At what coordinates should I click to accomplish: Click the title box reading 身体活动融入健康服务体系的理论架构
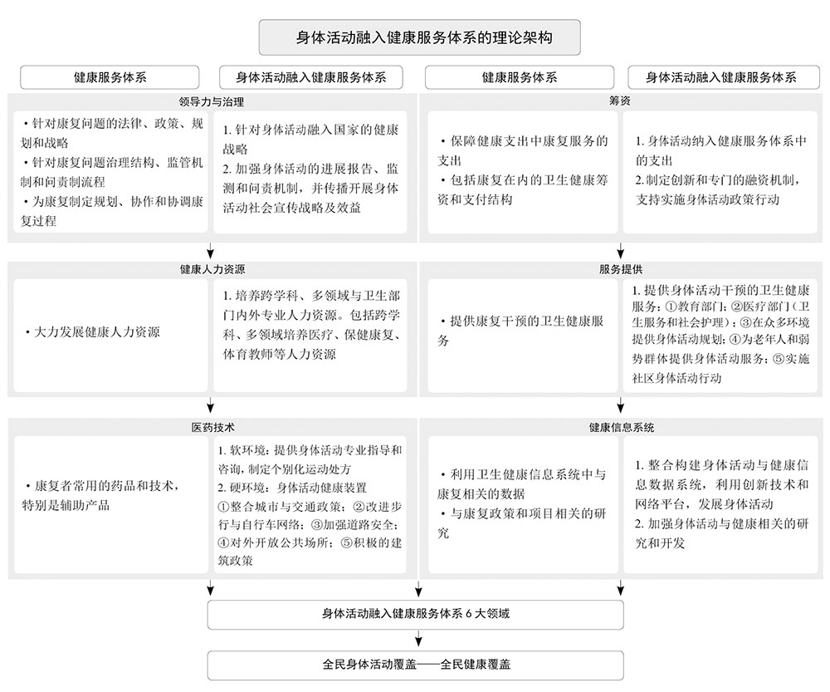tap(419, 37)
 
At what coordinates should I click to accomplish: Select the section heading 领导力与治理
tap(211, 101)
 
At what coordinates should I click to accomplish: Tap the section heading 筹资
tap(620, 101)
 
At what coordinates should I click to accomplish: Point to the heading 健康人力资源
tap(212, 269)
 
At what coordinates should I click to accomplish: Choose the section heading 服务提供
tap(620, 269)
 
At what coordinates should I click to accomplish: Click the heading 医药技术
tap(212, 427)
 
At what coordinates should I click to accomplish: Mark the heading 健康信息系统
tap(622, 427)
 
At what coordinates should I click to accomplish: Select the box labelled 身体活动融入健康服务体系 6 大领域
tap(416, 615)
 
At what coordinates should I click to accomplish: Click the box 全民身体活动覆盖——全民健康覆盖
tap(416, 665)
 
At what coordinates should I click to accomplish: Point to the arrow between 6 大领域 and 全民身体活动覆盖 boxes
tap(418, 639)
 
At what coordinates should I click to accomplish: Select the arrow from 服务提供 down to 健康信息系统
tap(620, 405)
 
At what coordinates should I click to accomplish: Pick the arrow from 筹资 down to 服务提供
tap(620, 251)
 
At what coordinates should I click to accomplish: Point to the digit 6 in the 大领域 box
tap(468, 614)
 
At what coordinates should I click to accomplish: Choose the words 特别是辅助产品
tap(66, 505)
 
